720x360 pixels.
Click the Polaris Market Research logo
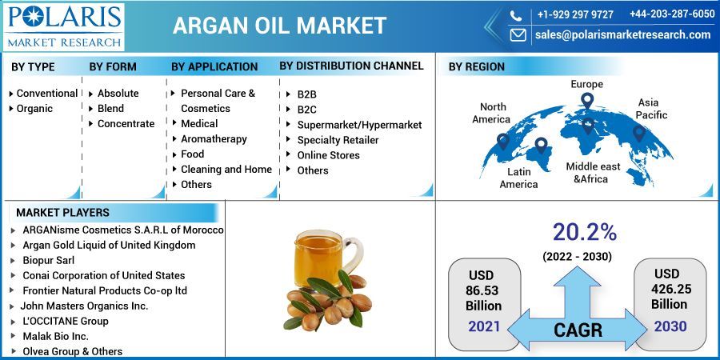(64, 26)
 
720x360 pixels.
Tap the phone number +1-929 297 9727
(575, 14)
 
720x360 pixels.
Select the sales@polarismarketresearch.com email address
(622, 34)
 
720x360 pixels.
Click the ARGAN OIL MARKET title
(280, 26)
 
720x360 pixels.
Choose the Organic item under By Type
(34, 108)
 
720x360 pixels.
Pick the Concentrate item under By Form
(126, 123)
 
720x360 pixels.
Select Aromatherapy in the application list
(214, 138)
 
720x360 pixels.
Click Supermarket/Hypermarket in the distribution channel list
(359, 125)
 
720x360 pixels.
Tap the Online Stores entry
(328, 155)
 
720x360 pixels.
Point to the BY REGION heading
(476, 67)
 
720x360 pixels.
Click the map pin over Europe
(587, 102)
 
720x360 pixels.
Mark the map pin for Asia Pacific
(639, 133)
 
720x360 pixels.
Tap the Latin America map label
(518, 178)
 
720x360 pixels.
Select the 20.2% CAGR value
(584, 232)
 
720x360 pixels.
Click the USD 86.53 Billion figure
(483, 290)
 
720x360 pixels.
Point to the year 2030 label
(669, 326)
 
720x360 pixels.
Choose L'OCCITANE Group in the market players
(66, 321)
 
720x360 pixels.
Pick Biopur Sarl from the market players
(50, 260)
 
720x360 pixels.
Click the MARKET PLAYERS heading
(62, 213)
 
